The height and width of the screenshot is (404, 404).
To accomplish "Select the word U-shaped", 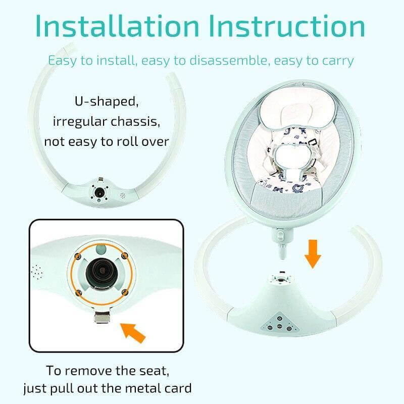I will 106,101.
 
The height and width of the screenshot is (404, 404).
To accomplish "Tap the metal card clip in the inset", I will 103,320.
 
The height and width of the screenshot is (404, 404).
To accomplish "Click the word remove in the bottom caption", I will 92,370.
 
